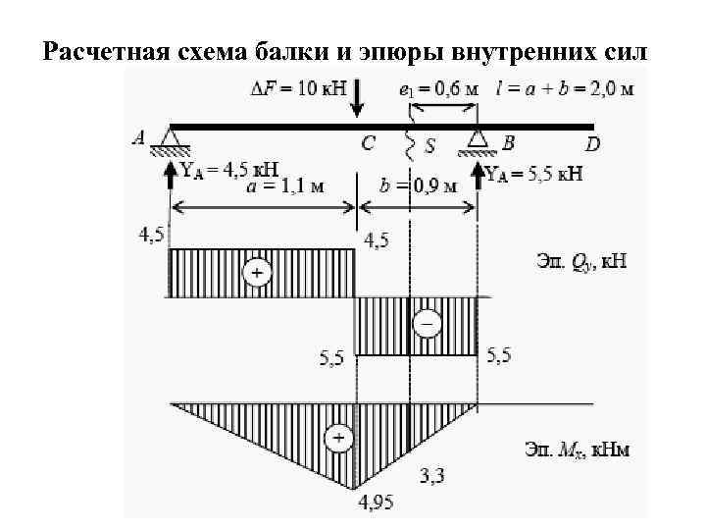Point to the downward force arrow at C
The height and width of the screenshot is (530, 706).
tap(358, 99)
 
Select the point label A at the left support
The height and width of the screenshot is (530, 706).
tap(138, 139)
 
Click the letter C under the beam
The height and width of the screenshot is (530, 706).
tap(368, 144)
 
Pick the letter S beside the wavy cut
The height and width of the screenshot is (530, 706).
tap(429, 146)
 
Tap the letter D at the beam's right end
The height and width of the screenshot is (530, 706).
tap(592, 145)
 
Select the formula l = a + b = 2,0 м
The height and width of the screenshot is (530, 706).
tap(565, 89)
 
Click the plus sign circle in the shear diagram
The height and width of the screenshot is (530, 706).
tap(257, 272)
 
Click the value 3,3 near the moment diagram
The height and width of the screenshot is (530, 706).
tap(431, 476)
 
